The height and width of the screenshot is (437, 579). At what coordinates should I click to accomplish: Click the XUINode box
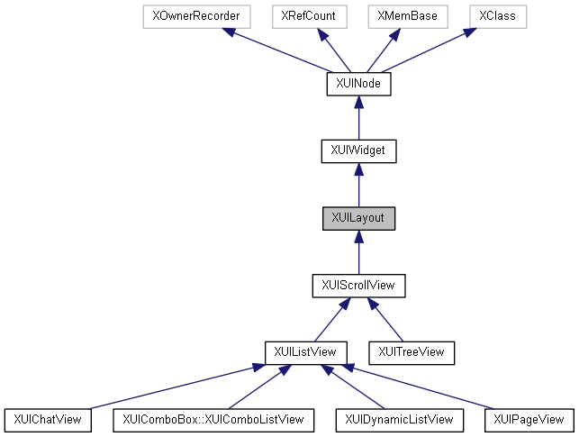358,84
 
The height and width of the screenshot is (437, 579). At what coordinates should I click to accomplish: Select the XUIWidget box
358,150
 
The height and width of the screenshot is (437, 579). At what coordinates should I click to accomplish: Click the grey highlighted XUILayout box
358,218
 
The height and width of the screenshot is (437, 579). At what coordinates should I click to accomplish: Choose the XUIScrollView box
358,285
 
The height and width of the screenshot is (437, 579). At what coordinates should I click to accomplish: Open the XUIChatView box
49,419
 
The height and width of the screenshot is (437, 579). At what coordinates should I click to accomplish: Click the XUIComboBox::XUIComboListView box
213,419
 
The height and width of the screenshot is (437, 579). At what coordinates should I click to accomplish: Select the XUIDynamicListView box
399,419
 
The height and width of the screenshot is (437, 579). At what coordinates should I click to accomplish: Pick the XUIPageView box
529,419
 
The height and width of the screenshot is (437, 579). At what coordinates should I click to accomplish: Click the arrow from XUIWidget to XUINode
358,117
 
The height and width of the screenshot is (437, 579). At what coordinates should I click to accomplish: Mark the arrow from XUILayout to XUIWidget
358,185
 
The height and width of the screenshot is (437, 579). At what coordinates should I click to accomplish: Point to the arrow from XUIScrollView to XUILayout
358,251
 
